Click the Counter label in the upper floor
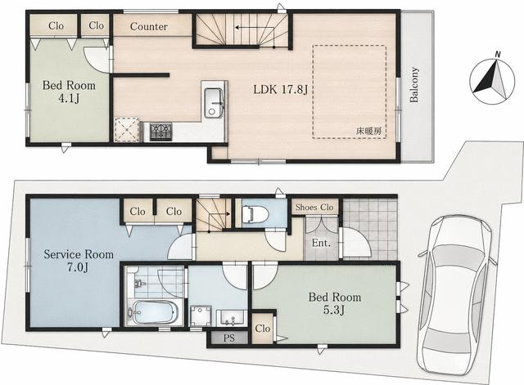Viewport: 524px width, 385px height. [149, 26]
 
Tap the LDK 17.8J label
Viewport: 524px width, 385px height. [280, 89]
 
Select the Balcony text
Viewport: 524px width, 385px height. [414, 85]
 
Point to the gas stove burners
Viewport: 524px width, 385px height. [160, 132]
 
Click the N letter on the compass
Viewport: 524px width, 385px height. [498, 55]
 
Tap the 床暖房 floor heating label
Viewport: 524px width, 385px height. [368, 131]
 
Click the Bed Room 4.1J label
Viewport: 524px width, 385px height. [69, 92]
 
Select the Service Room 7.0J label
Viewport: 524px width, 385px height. [79, 261]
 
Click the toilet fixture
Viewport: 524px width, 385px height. [255, 214]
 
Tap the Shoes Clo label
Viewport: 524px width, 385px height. [314, 207]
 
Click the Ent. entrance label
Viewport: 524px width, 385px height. [321, 243]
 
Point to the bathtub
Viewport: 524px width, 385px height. [154, 312]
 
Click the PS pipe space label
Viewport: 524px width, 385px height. [229, 338]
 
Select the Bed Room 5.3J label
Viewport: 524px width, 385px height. [335, 303]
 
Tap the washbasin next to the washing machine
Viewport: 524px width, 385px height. [232, 318]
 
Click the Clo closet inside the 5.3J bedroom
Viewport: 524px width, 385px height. [262, 329]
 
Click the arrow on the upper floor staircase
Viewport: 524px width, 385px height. [255, 28]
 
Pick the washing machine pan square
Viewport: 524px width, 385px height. [201, 316]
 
